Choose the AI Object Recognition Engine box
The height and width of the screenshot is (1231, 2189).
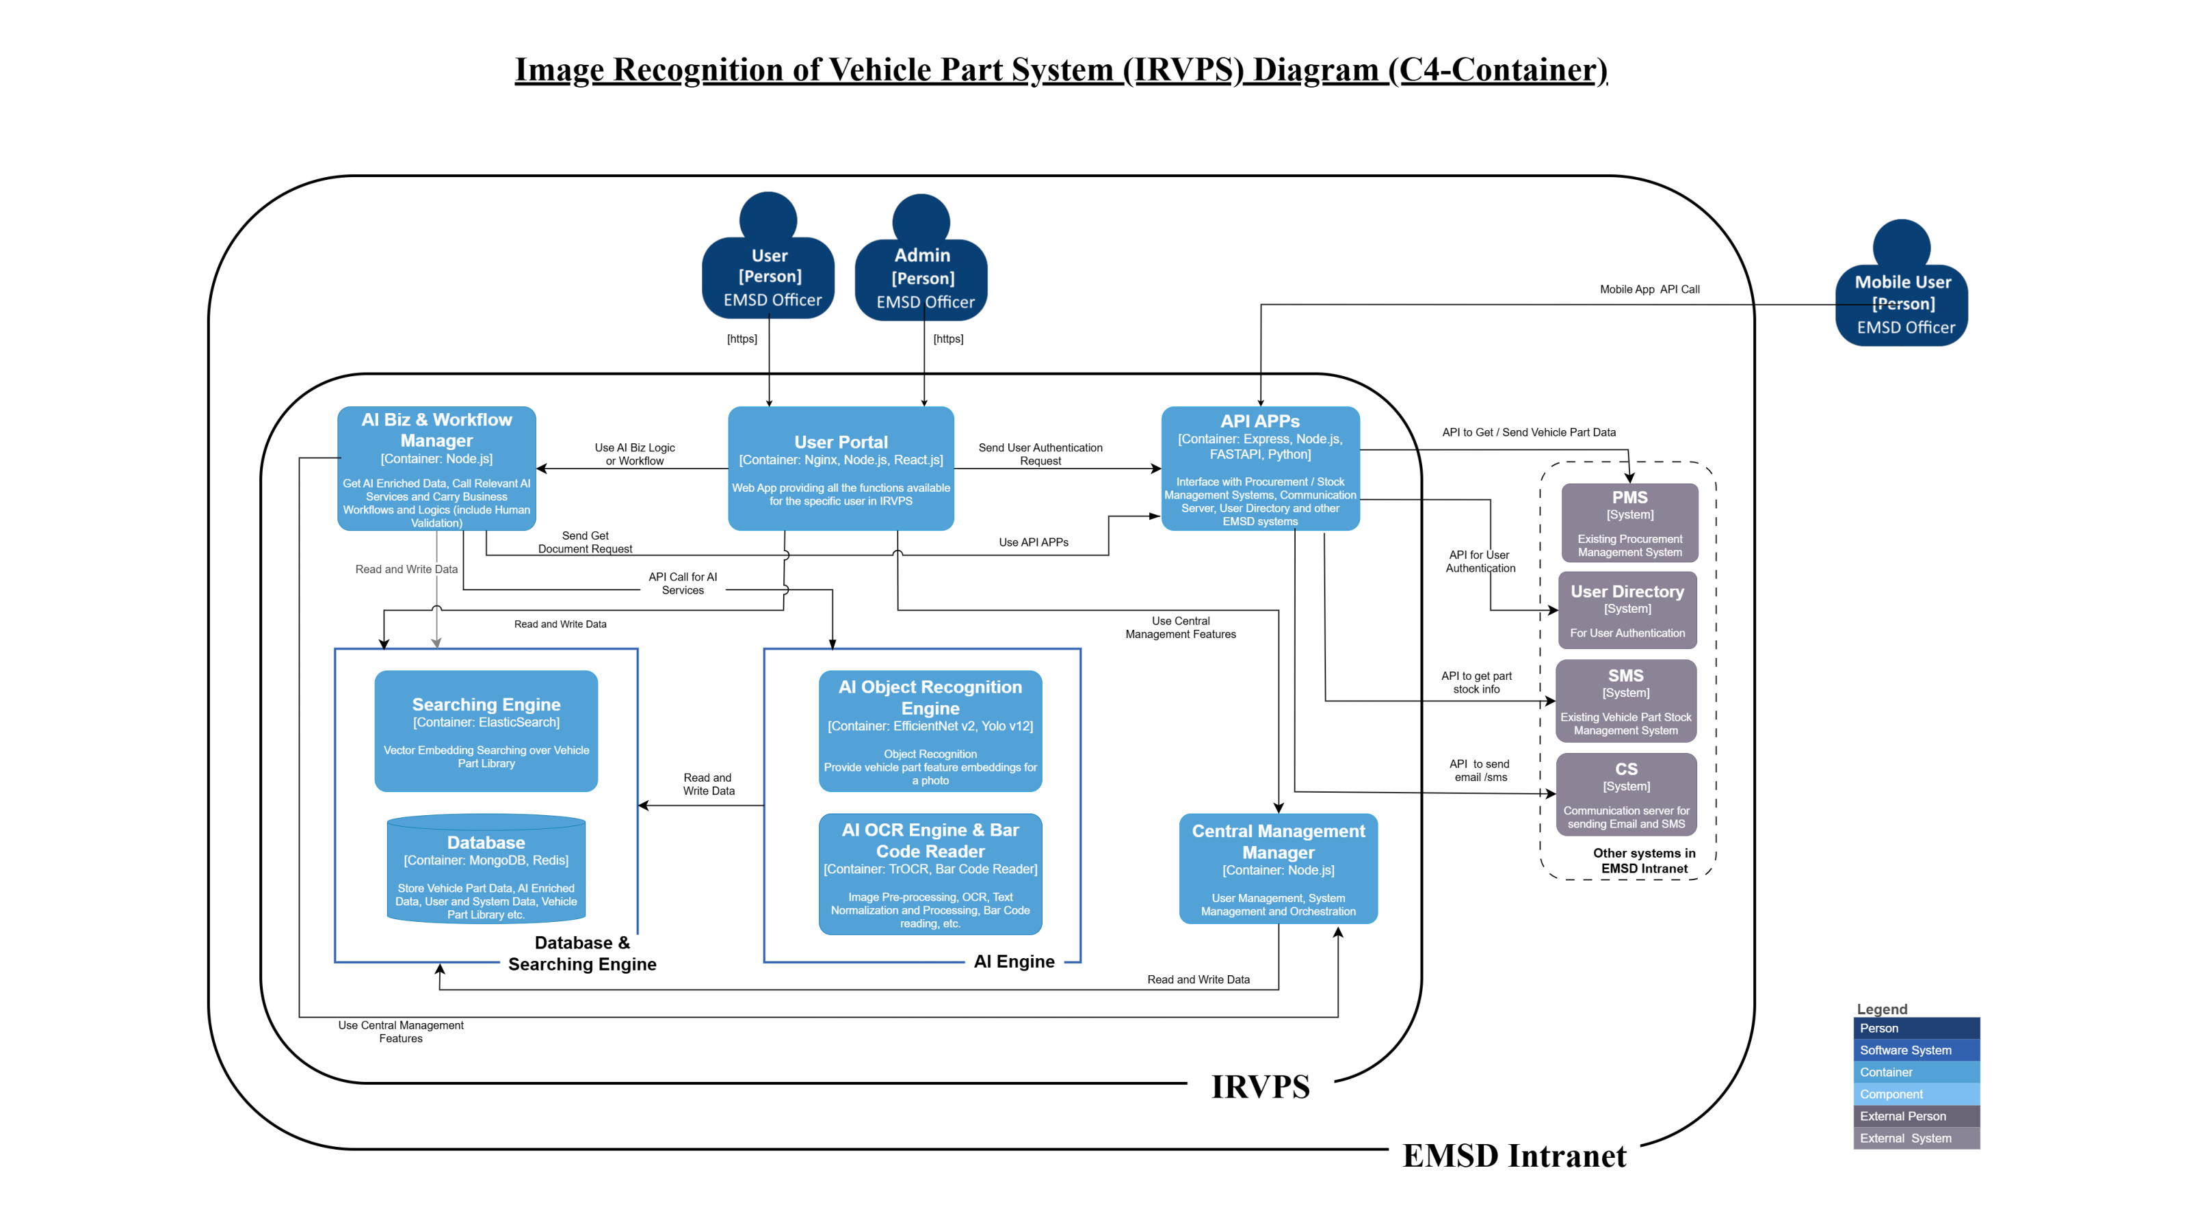point(930,730)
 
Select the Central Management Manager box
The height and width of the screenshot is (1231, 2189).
point(1277,869)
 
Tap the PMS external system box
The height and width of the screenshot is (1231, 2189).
point(1629,522)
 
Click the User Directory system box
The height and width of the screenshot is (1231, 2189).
point(1627,610)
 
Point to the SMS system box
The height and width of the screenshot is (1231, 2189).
point(1625,701)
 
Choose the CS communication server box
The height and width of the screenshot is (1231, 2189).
point(1625,794)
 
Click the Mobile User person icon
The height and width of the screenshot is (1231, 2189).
point(1902,284)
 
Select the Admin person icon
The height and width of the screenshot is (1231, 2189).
point(921,259)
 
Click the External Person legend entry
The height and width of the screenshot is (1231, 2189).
point(1915,1116)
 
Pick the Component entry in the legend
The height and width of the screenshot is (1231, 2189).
point(1915,1094)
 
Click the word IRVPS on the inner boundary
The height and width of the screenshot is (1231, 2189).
point(1259,1087)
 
